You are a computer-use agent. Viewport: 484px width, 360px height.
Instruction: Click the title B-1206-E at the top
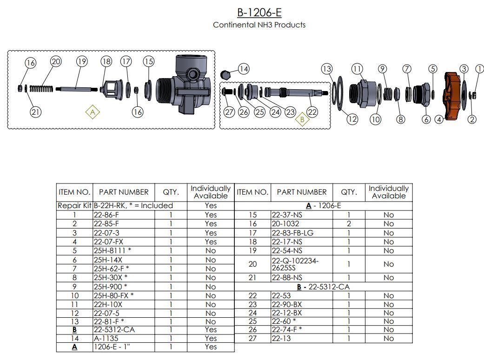coord(259,12)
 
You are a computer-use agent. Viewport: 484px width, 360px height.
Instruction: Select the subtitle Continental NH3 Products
coord(259,25)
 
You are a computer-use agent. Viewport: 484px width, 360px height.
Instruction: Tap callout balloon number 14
coord(244,69)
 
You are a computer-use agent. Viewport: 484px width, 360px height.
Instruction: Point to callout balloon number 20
coord(56,62)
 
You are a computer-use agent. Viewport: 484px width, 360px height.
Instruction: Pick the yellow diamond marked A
coord(93,112)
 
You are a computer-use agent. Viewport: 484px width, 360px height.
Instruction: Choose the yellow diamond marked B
coord(302,119)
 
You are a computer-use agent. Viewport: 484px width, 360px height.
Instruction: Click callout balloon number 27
coord(229,111)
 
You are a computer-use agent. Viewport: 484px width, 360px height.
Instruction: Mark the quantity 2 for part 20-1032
coord(349,224)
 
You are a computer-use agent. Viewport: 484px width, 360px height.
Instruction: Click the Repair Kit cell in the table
coord(74,205)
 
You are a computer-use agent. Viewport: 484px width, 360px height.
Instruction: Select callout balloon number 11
coord(357,69)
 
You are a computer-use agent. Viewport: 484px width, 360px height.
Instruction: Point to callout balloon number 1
coord(479,69)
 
